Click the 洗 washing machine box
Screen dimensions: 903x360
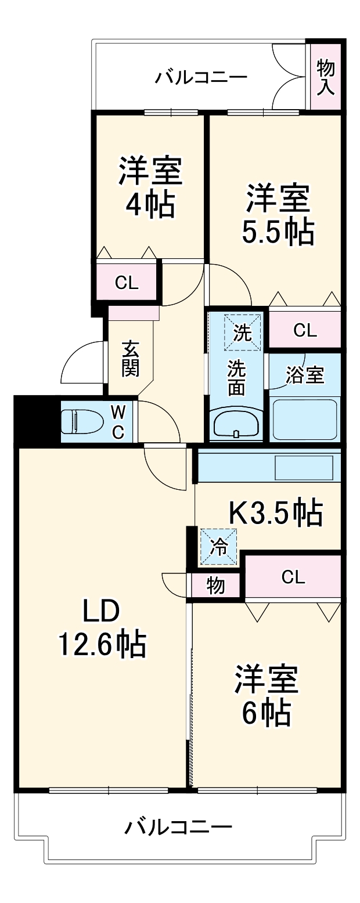tap(243, 333)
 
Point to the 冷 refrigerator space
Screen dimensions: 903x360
tap(218, 547)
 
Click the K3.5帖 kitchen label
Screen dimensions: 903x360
tap(275, 512)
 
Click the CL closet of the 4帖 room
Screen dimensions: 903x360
tap(127, 283)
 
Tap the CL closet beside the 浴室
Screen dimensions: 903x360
tap(305, 330)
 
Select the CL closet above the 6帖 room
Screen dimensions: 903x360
tap(293, 576)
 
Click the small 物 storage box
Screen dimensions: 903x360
tap(215, 586)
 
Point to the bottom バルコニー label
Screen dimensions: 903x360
tap(178, 826)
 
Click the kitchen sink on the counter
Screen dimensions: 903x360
tap(304, 467)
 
